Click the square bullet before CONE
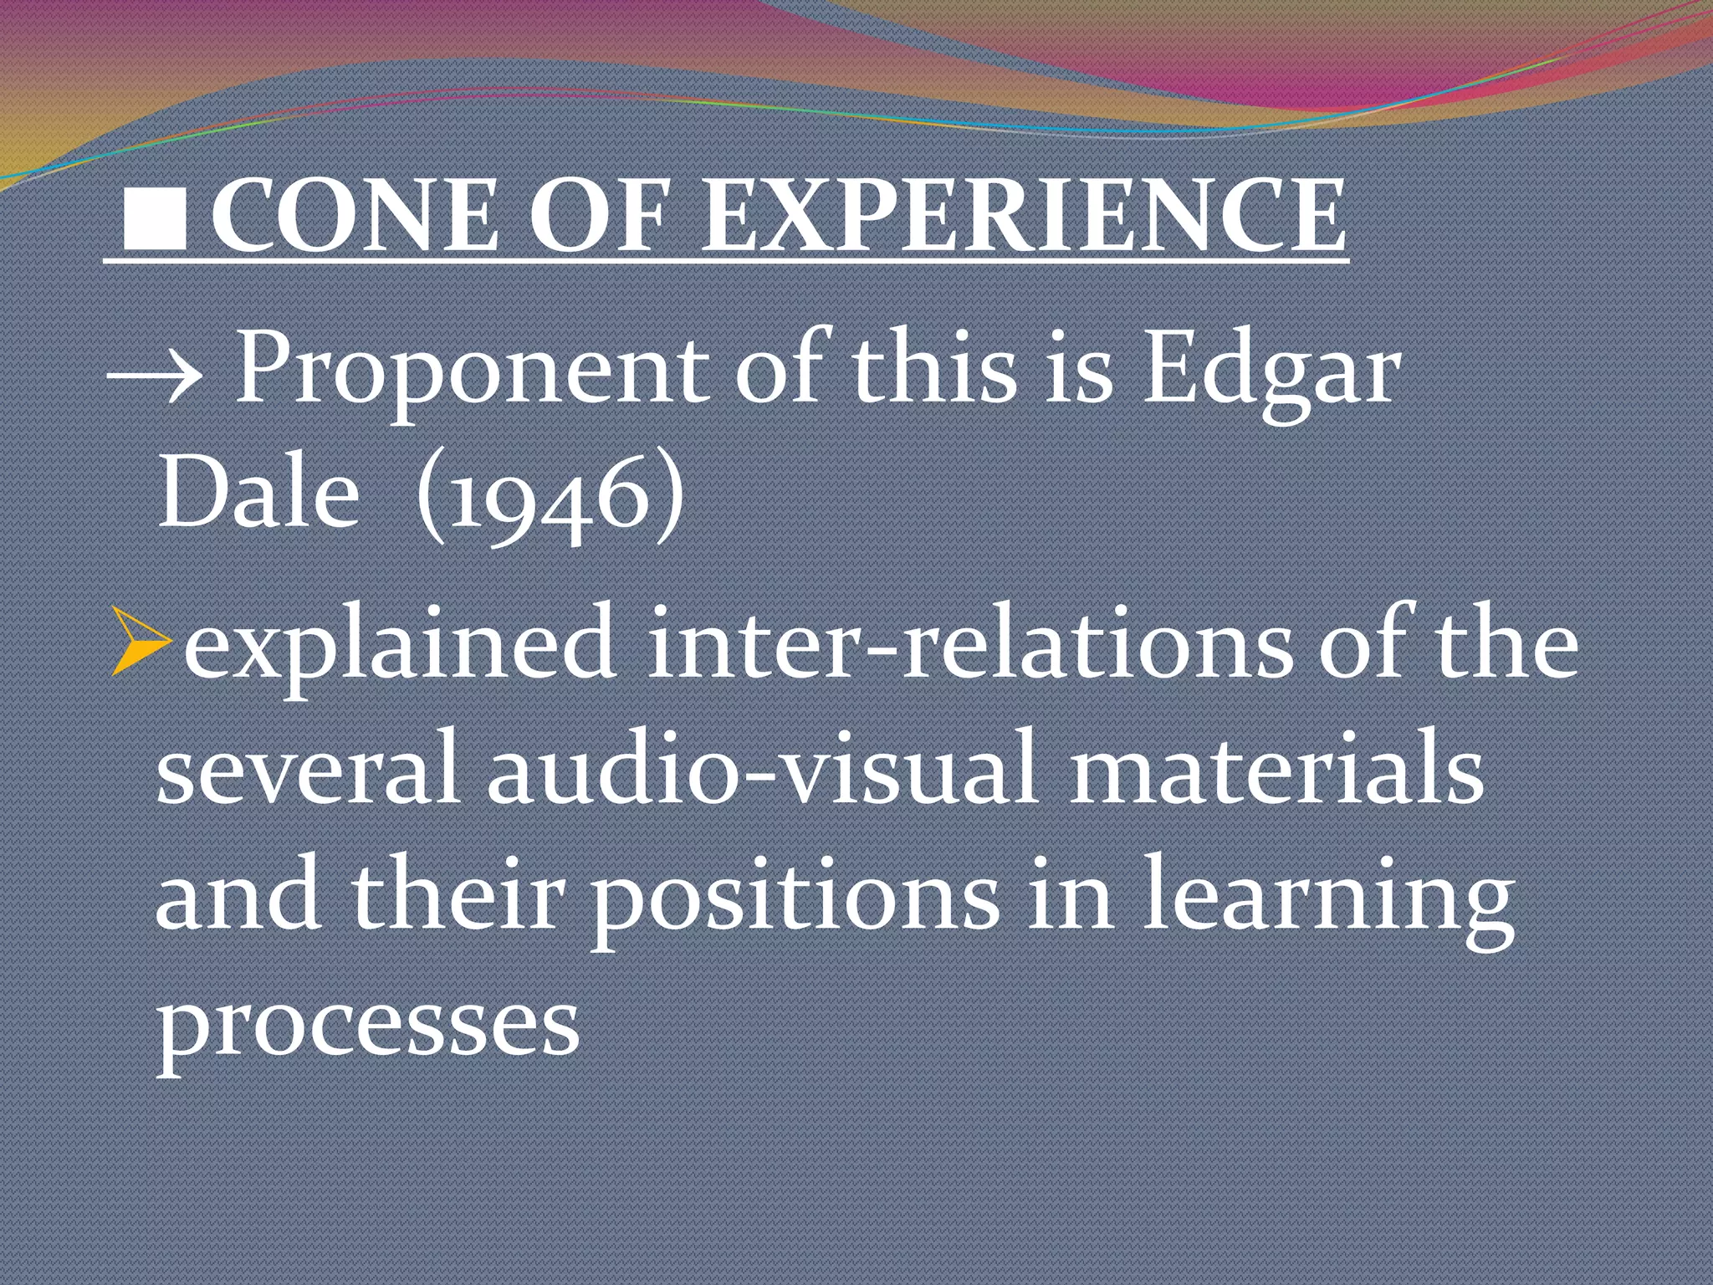pos(154,218)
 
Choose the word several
pos(306,770)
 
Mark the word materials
pos(1276,770)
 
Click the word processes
pos(368,1025)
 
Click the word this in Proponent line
pos(933,368)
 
